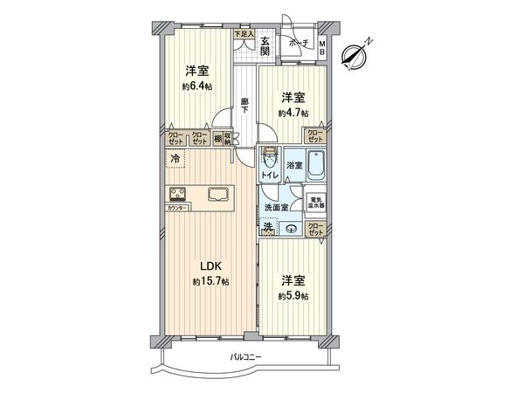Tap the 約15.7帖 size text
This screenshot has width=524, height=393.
(x=211, y=282)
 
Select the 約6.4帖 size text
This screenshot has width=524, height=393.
(x=196, y=87)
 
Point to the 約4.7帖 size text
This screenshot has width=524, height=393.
(x=293, y=113)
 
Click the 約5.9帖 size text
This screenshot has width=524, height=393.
(x=293, y=296)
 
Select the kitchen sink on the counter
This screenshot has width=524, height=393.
(x=218, y=195)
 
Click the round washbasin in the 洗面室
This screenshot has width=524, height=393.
(x=291, y=230)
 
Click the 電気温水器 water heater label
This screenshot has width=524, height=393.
(x=316, y=203)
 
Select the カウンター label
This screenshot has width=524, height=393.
(x=176, y=209)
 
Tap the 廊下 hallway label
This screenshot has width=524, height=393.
(x=246, y=106)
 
